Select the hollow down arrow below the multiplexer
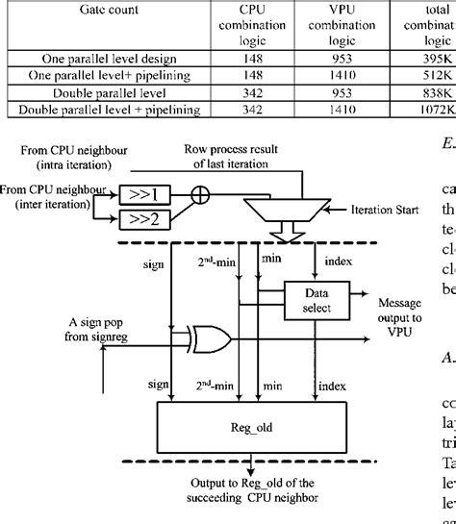pos(282,235)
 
